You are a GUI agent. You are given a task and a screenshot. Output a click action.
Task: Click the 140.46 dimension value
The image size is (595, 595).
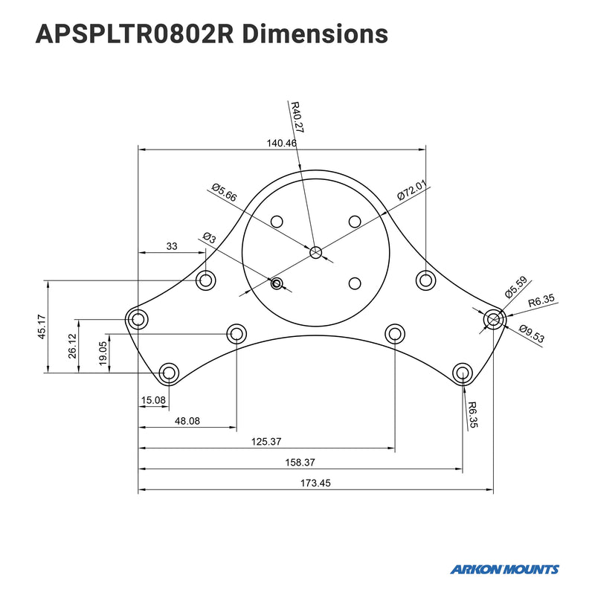coord(281,143)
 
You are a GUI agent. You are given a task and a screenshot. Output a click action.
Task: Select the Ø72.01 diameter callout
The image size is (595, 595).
coord(413,190)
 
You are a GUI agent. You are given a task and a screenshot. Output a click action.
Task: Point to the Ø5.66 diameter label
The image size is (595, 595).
coord(224,193)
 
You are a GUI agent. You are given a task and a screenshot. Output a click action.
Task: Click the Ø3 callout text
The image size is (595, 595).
coord(209,239)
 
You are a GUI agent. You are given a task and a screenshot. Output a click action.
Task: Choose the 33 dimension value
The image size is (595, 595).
coord(172,246)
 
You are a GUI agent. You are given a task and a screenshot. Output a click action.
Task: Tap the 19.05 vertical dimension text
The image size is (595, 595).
coord(103,350)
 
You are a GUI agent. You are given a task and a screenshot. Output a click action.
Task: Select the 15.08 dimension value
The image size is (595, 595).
coord(152,402)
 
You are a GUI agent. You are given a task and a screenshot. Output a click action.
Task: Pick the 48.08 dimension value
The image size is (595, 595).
coord(187,421)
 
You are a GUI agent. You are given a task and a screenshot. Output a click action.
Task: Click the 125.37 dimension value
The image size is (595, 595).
coord(266,442)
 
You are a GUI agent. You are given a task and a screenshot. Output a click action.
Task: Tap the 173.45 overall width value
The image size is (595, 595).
coord(315,483)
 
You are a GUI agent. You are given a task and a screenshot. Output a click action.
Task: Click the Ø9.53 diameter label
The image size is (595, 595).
coord(531,335)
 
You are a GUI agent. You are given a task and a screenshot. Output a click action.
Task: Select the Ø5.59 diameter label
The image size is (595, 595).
coord(515,287)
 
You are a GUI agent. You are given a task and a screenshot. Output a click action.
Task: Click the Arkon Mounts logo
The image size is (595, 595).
coord(504,570)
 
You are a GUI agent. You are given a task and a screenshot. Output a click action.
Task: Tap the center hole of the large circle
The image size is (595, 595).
coord(316,253)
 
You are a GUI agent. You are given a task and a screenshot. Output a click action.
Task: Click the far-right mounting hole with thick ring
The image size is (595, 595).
coord(493,320)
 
